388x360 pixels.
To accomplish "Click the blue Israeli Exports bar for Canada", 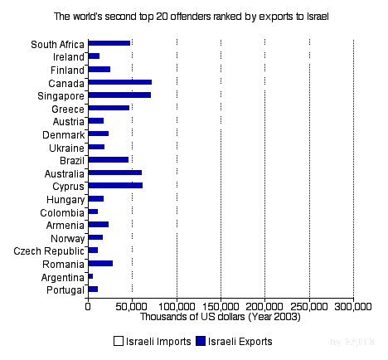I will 119,82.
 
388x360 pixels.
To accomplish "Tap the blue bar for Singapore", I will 119,95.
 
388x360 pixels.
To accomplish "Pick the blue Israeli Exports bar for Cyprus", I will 114,185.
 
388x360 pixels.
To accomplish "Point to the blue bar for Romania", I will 100,263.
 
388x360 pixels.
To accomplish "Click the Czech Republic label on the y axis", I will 49,251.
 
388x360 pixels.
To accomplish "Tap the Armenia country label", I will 65,225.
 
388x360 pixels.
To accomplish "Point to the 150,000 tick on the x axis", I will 221,305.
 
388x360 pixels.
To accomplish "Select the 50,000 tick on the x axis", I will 132,305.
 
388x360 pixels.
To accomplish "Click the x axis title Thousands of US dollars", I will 221,316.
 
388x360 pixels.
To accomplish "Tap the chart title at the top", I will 194,16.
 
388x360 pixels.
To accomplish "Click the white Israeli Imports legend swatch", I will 119,341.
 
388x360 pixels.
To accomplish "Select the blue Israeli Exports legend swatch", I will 200,341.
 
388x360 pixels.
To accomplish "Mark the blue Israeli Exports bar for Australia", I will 114,173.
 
